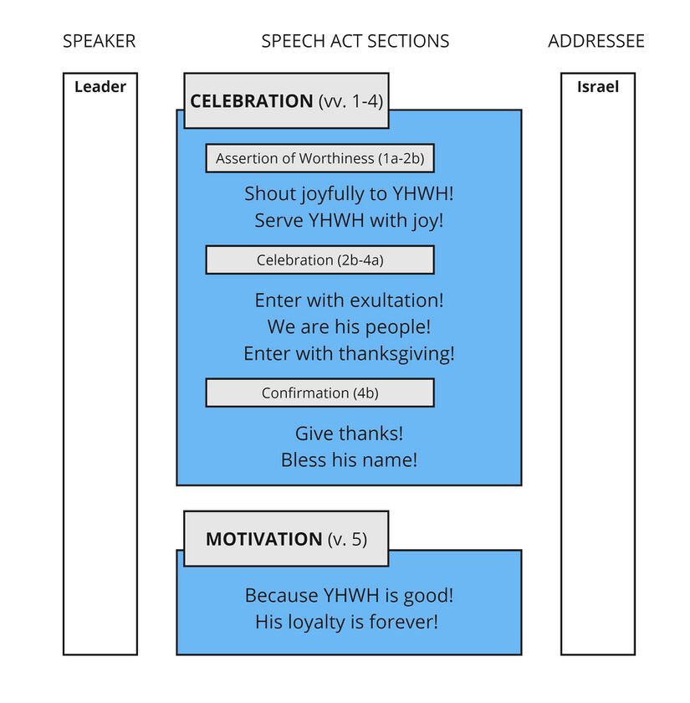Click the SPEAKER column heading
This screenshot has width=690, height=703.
(99, 41)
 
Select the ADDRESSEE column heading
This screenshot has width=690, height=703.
(596, 41)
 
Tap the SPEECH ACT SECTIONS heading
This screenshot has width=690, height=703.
(355, 41)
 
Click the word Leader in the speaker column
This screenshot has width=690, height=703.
(100, 86)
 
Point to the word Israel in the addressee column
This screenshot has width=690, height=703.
(598, 86)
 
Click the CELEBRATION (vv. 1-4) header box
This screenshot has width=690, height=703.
(286, 100)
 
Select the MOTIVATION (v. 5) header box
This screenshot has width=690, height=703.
(286, 539)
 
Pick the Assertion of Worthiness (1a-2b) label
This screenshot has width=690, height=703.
(319, 158)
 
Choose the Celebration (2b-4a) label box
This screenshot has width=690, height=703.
(319, 260)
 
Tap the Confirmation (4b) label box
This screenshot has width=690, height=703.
(319, 393)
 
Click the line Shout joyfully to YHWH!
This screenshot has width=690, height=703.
(349, 194)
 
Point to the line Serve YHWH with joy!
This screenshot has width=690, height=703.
(349, 221)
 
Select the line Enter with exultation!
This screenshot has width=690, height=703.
(349, 300)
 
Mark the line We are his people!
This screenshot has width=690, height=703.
(349, 326)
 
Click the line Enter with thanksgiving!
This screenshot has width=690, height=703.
(349, 353)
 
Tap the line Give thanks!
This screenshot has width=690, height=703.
(349, 434)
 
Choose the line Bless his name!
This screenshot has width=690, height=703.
(349, 459)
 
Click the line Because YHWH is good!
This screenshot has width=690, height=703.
(349, 596)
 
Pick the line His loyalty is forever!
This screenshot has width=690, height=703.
(346, 622)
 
